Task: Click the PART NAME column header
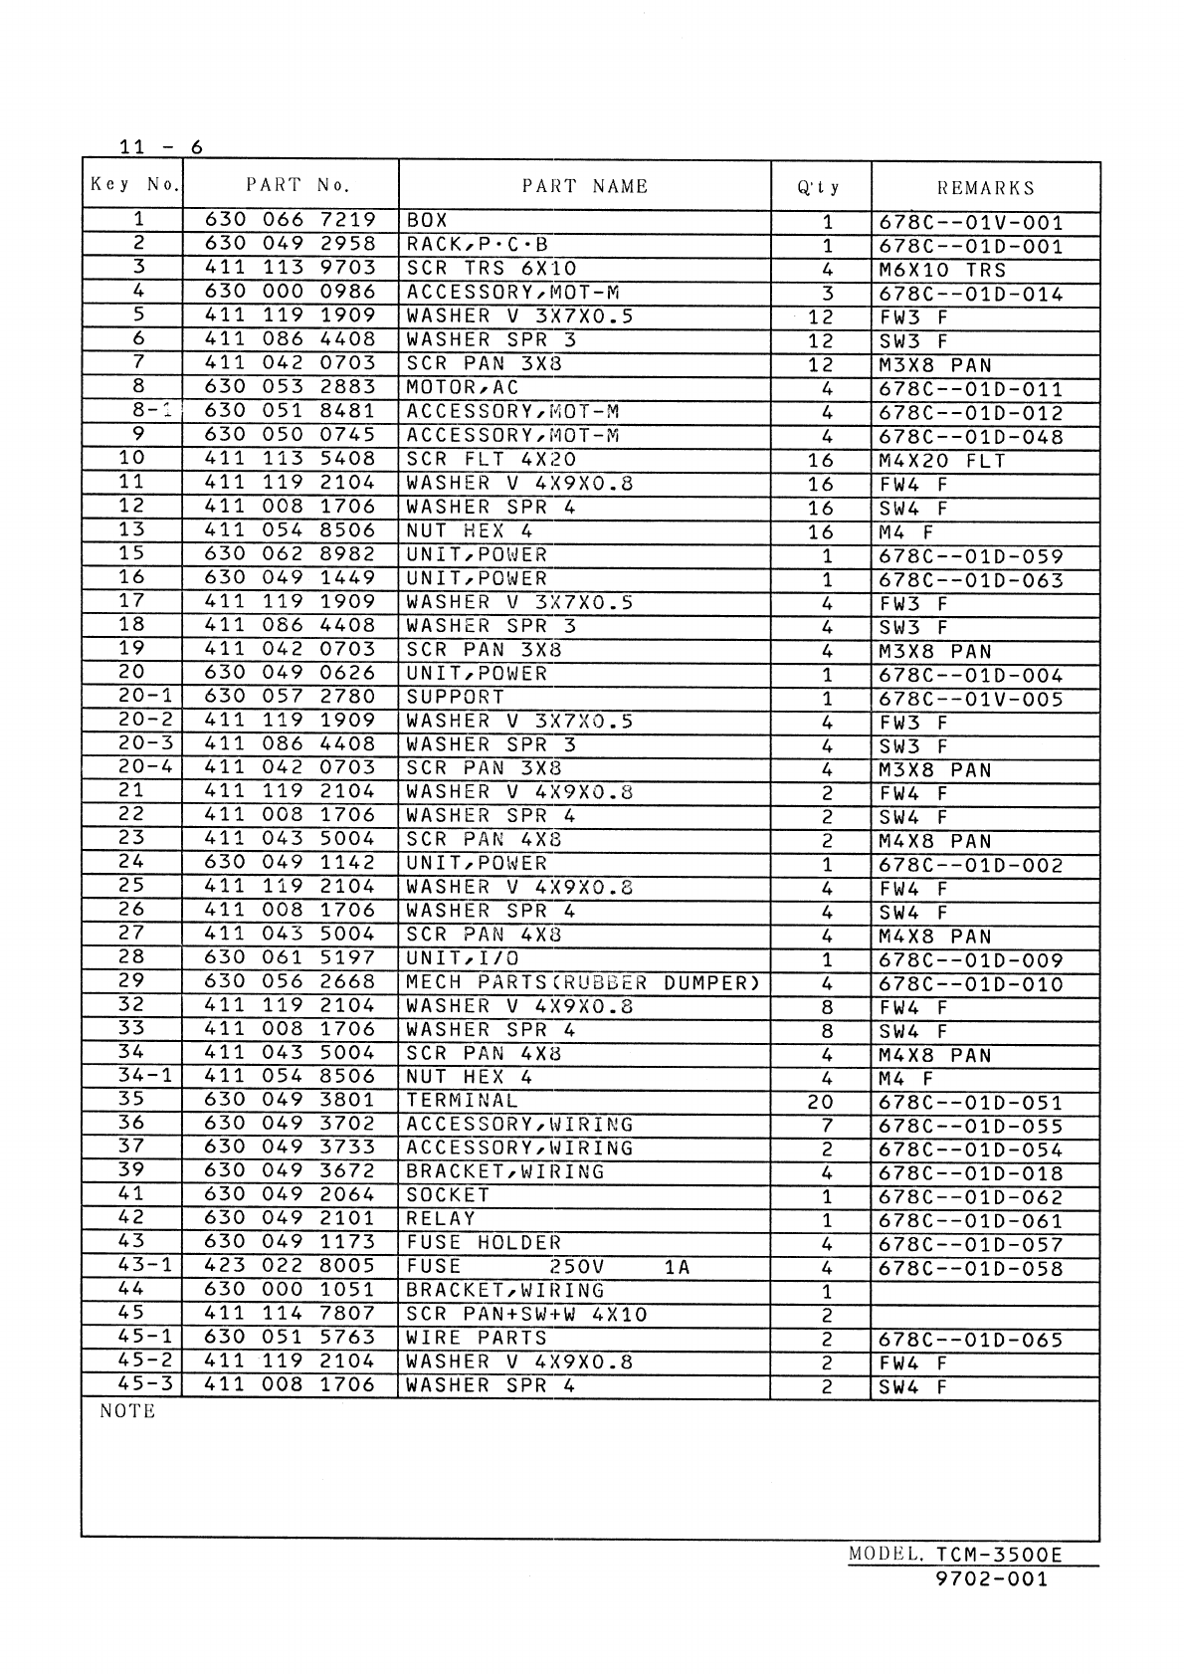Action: tap(584, 186)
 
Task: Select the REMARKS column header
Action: tap(985, 188)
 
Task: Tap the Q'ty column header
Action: tap(820, 188)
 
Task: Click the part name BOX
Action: tap(427, 220)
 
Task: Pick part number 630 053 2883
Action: tap(290, 387)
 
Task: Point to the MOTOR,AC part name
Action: tap(463, 387)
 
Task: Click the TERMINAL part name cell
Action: tap(462, 1101)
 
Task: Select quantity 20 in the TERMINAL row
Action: tap(820, 1102)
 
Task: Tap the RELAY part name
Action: tap(441, 1219)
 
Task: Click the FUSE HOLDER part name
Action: tap(484, 1243)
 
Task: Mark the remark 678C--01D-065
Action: tap(971, 1340)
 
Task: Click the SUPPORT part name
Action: tap(455, 697)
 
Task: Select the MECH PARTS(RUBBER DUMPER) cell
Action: tap(583, 982)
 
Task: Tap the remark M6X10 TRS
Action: tap(942, 270)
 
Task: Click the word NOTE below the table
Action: tap(127, 1411)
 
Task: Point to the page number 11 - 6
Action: tap(160, 147)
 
